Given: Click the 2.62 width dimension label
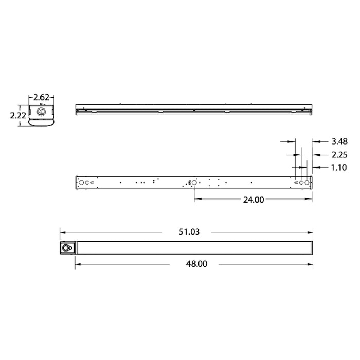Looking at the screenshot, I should (x=41, y=96).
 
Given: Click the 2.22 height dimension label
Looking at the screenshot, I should (x=18, y=116).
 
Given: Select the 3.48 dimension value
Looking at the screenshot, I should (x=340, y=141).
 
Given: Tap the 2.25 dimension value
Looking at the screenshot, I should (x=340, y=154).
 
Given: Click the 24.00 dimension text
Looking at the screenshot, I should (x=253, y=200).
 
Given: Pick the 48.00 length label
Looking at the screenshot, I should (x=195, y=264).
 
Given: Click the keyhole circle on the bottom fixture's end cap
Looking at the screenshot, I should (x=66, y=248).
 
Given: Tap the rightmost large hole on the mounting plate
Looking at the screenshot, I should (x=307, y=182).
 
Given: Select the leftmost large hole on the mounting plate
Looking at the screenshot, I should (x=81, y=182).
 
